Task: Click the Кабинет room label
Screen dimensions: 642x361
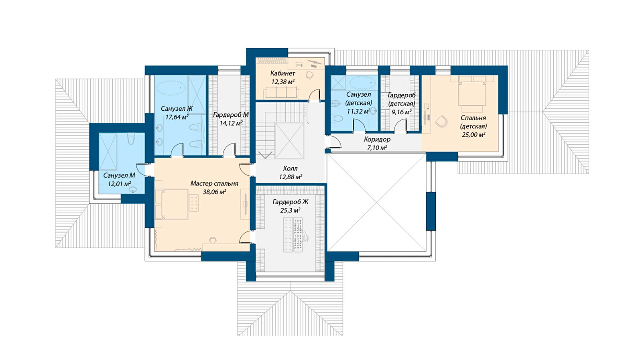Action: click(x=282, y=73)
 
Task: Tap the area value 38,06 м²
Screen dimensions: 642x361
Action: click(x=214, y=192)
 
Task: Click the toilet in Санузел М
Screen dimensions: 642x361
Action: click(x=131, y=139)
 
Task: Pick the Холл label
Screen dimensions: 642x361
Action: click(x=291, y=168)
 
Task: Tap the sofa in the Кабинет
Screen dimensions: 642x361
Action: click(x=281, y=93)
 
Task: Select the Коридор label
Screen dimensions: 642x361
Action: click(x=377, y=140)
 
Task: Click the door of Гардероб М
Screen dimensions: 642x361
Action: click(x=229, y=150)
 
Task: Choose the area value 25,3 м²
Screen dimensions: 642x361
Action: click(x=290, y=211)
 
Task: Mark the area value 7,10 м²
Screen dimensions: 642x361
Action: click(x=377, y=148)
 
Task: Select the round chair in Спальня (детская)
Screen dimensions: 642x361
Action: click(x=441, y=122)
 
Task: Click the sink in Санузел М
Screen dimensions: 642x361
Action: click(x=133, y=189)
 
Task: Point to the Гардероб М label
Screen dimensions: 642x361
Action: click(x=231, y=115)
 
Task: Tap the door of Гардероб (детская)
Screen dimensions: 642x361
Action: click(x=400, y=126)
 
